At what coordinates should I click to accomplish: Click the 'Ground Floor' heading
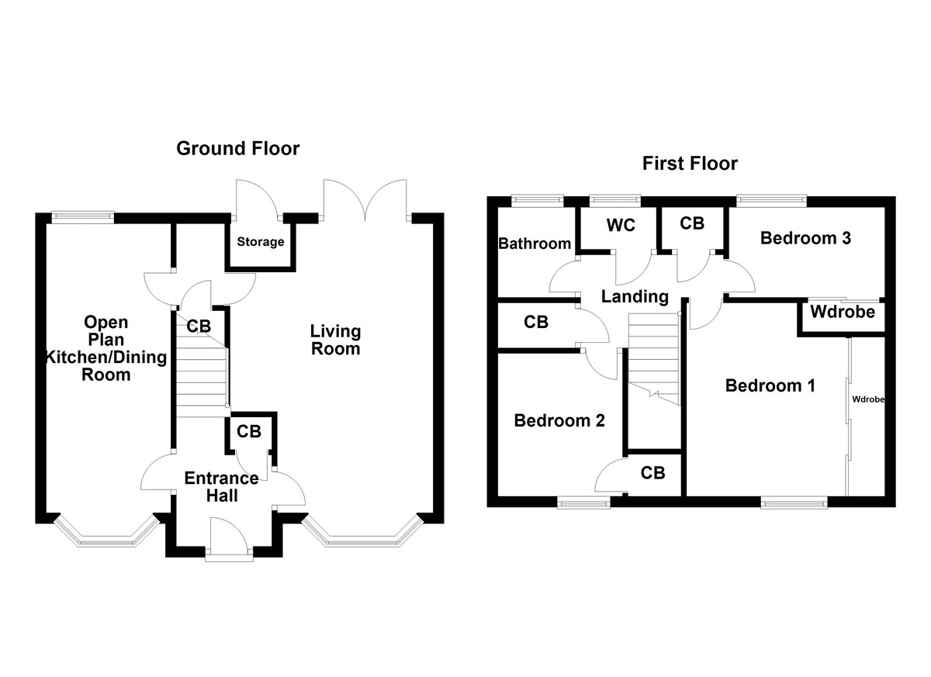[237, 148]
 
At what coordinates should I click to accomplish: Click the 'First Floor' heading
[690, 164]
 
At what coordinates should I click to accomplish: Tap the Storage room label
[260, 242]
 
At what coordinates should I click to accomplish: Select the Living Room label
[335, 340]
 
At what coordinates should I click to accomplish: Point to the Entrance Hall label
[211, 486]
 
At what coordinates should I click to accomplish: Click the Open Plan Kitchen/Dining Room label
[107, 348]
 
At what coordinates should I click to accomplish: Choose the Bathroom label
[535, 244]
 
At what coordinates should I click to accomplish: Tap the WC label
[621, 225]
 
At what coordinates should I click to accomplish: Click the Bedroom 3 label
[805, 238]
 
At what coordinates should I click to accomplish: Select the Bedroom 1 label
[770, 385]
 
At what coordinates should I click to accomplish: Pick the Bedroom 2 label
[559, 421]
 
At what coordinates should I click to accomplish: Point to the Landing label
[635, 295]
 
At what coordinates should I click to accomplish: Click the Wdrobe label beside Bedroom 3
[842, 313]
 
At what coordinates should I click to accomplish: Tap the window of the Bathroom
[537, 200]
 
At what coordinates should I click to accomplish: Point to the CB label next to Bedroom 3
[691, 223]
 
